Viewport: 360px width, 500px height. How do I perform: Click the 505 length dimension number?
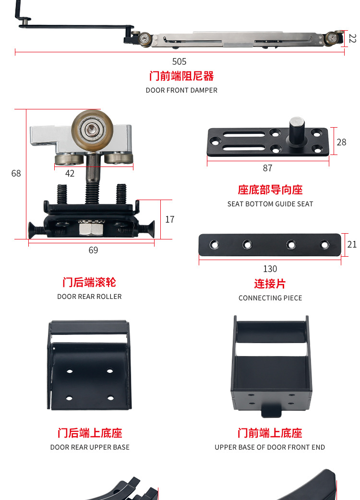[179, 61]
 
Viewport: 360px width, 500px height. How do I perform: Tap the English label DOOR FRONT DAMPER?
[181, 90]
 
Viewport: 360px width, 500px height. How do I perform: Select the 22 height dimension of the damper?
[352, 38]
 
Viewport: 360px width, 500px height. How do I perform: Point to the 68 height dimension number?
[16, 173]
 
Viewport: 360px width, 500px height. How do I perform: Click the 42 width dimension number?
[70, 173]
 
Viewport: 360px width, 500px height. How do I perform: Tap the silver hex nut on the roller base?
[91, 229]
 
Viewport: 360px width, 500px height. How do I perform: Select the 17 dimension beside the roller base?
[169, 219]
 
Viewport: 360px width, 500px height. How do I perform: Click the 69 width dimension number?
[93, 250]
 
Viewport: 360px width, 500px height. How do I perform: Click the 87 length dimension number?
[267, 168]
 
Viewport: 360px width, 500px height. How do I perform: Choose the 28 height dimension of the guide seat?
[341, 142]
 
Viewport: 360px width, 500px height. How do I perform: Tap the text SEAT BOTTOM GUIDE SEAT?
[270, 204]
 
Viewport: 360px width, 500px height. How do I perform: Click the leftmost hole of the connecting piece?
[214, 245]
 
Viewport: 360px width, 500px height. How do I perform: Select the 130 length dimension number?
[270, 269]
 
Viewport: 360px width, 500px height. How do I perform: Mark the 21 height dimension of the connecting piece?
[352, 244]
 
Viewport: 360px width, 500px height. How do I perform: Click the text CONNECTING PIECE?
[270, 298]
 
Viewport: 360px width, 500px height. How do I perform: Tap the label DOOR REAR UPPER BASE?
[90, 447]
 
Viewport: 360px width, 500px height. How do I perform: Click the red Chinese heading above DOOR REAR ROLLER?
[89, 282]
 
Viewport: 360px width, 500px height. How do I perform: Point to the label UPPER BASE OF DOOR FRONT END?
[270, 447]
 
